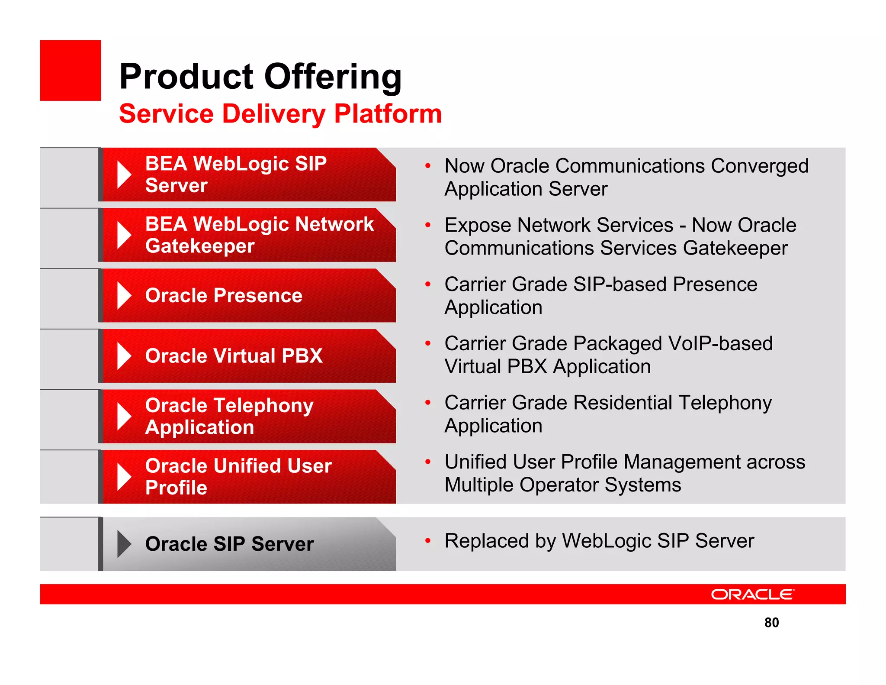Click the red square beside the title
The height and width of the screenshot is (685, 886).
[x=70, y=70]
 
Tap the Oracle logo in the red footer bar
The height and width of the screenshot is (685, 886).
[x=752, y=594]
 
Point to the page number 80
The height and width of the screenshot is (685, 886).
[x=771, y=622]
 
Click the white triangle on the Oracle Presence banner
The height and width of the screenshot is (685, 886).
[x=124, y=296]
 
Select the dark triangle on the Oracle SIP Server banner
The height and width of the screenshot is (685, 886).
[x=124, y=544]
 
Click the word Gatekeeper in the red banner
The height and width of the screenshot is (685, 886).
[x=200, y=246]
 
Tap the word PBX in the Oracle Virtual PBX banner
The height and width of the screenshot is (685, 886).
[x=302, y=356]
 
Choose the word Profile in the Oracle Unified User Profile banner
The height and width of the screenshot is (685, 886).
[x=176, y=488]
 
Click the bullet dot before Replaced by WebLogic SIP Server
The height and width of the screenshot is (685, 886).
[x=427, y=541]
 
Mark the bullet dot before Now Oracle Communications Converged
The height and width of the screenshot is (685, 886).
[x=427, y=166]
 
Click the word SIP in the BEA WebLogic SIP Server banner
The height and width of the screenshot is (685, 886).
[x=310, y=164]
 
